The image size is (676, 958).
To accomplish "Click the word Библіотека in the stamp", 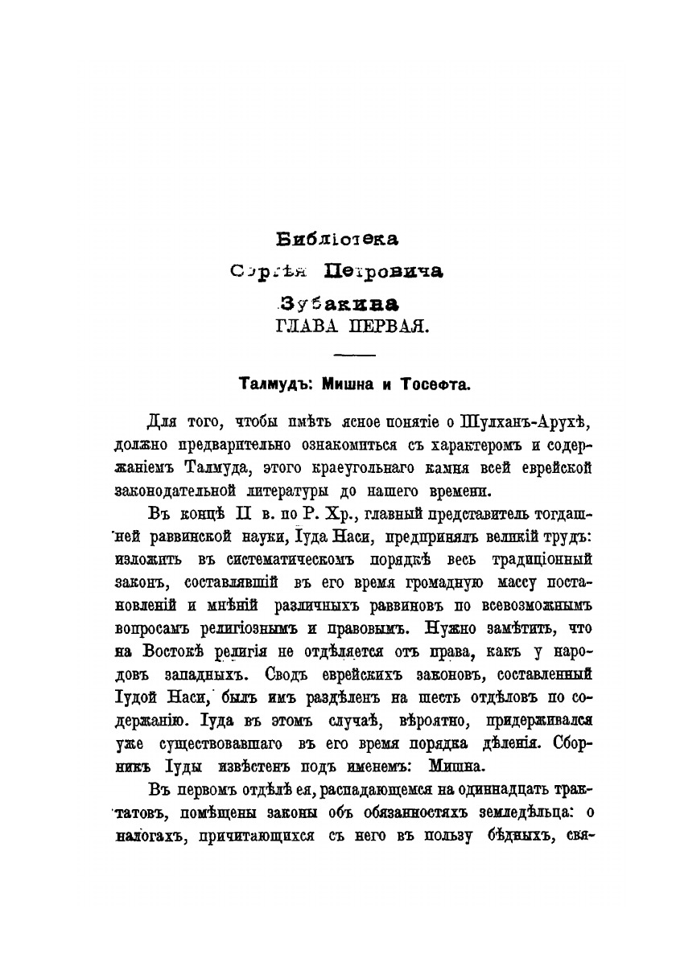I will click(x=337, y=239).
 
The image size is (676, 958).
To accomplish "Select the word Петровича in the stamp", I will click(x=382, y=272).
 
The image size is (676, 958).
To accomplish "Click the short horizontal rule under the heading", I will click(x=353, y=356).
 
